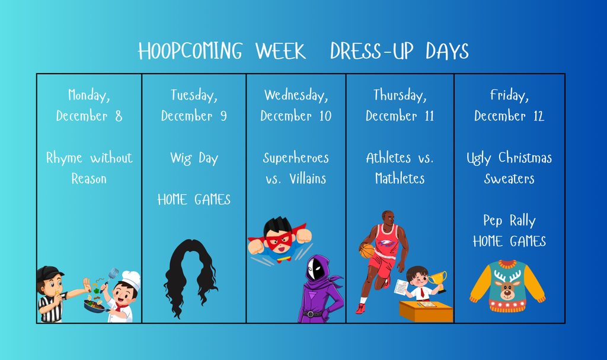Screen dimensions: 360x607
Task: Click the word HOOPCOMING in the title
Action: click(190, 52)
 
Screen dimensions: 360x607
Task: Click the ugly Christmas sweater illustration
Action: click(507, 286)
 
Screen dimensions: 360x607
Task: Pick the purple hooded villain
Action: click(319, 291)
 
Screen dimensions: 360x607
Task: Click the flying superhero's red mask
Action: click(279, 240)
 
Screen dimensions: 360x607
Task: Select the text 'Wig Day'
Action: click(194, 158)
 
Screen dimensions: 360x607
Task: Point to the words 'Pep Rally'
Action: click(509, 221)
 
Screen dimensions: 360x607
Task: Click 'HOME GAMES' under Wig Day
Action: click(194, 200)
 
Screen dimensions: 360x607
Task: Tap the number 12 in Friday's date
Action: click(538, 116)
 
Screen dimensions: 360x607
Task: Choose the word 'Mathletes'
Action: click(400, 179)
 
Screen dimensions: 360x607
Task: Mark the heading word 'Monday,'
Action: click(89, 95)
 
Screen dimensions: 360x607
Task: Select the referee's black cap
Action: click(49, 273)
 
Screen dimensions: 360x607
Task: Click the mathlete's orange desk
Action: click(425, 311)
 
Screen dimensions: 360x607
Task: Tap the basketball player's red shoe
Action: click(360, 308)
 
